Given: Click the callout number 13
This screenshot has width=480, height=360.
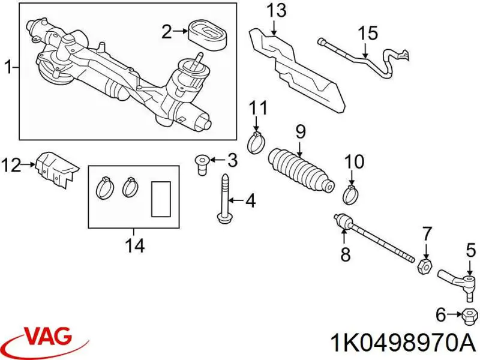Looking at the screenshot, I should click(277, 10).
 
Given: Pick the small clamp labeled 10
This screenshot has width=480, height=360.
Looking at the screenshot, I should click(350, 194).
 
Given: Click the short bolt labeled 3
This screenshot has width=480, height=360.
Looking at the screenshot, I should click(202, 162).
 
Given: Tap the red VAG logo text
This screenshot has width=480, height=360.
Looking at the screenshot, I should click(50, 337).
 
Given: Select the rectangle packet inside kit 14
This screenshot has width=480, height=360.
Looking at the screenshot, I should click(160, 198).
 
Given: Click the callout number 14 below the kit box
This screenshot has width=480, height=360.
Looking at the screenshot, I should click(134, 245).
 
